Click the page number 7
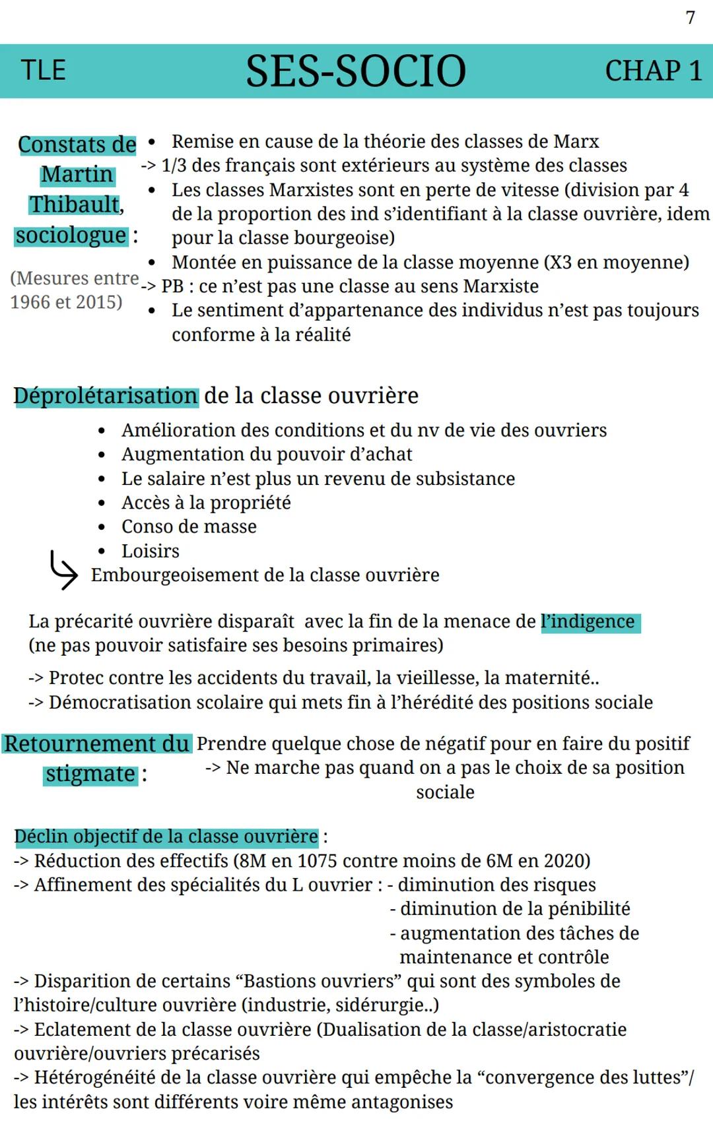[691, 18]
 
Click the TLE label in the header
[44, 71]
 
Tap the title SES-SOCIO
[356, 71]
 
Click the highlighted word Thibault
[75, 205]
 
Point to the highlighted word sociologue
[71, 236]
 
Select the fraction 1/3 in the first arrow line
[174, 166]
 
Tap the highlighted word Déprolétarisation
[106, 396]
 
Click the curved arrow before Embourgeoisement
[63, 571]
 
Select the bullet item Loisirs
[151, 551]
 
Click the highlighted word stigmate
[90, 774]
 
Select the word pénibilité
[581, 909]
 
